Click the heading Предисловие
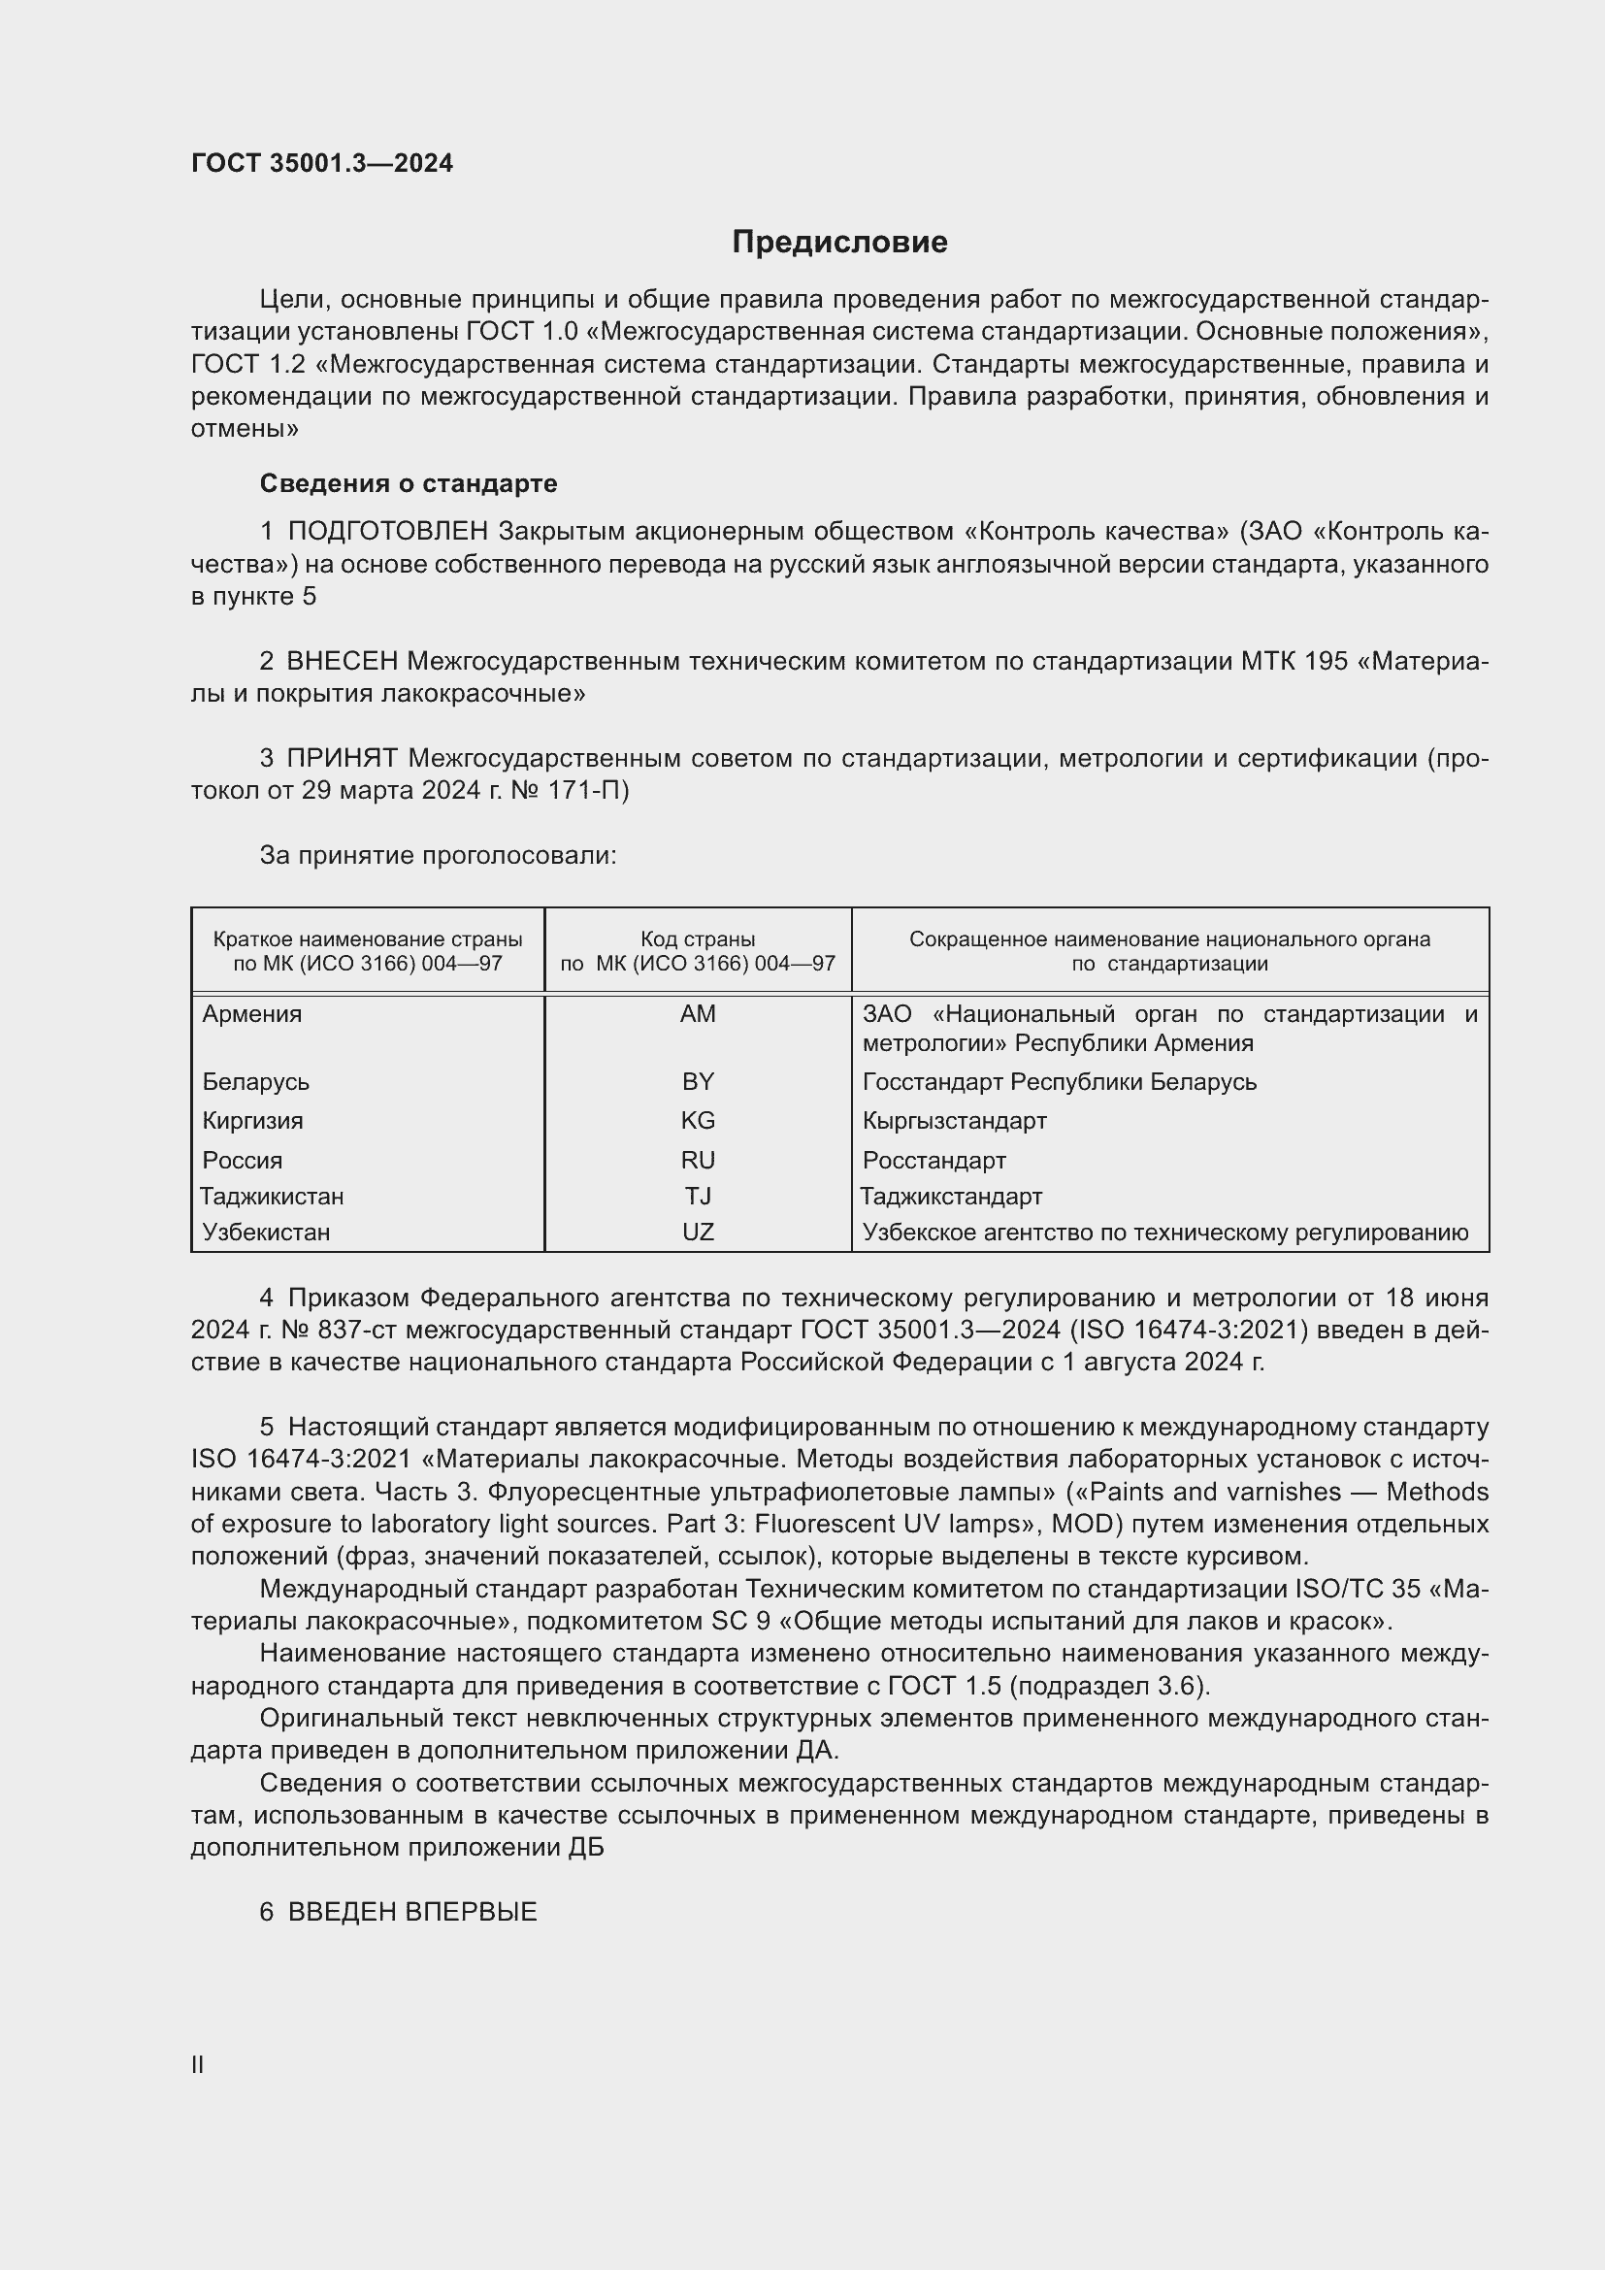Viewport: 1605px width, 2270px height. click(839, 243)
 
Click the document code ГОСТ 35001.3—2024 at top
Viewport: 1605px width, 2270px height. click(322, 163)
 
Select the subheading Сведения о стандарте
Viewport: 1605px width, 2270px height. click(409, 483)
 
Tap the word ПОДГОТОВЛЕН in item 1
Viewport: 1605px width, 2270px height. click(387, 532)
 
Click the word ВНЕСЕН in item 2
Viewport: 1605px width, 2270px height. click(342, 662)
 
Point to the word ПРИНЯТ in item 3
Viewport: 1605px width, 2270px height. click(342, 758)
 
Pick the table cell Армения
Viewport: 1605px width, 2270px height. click(252, 1014)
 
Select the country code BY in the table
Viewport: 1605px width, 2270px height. click(698, 1081)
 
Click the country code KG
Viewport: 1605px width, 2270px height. click(698, 1120)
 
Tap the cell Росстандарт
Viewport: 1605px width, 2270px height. click(934, 1160)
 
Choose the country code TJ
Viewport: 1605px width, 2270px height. click(698, 1197)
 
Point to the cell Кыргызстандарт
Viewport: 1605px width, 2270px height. click(954, 1120)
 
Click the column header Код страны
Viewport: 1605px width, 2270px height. click(698, 939)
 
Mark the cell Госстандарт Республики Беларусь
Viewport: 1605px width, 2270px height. click(1060, 1081)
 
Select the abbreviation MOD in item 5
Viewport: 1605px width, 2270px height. click(1082, 1524)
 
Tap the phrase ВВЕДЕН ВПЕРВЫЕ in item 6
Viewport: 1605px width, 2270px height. click(412, 1912)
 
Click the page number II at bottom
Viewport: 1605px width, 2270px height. click(198, 2064)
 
